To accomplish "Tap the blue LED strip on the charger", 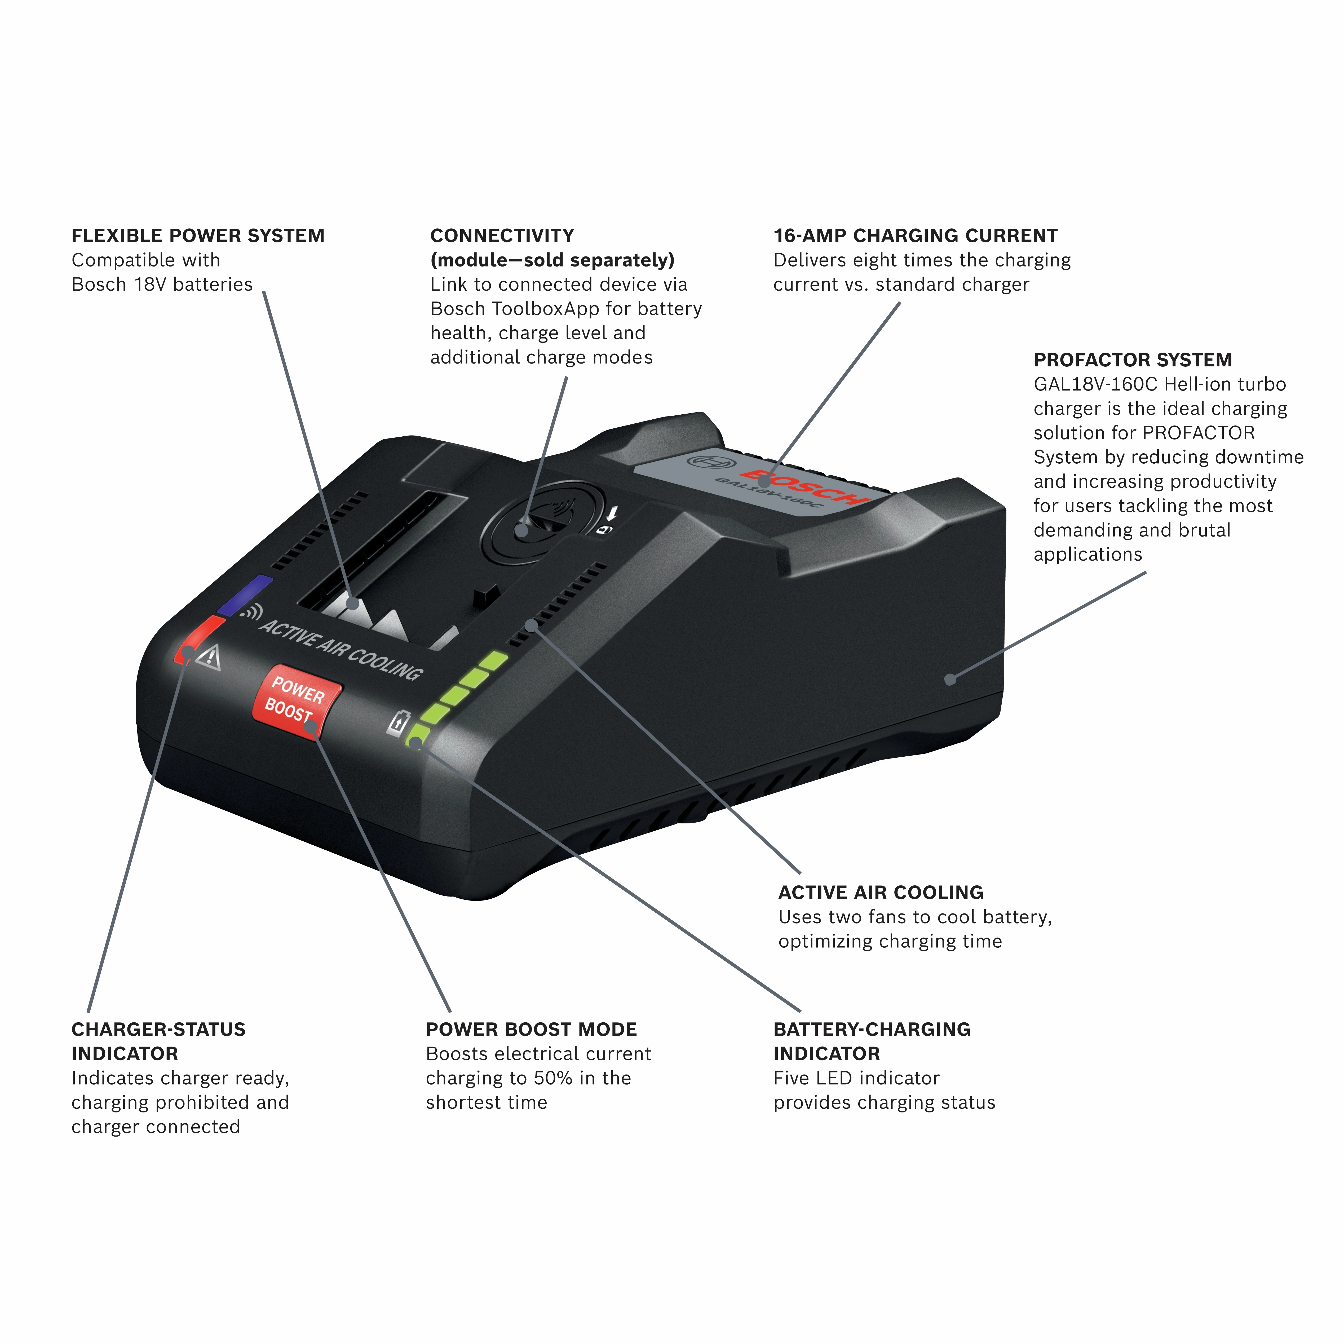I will (245, 595).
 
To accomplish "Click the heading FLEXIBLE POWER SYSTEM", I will (198, 236).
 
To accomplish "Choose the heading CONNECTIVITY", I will (502, 236).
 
